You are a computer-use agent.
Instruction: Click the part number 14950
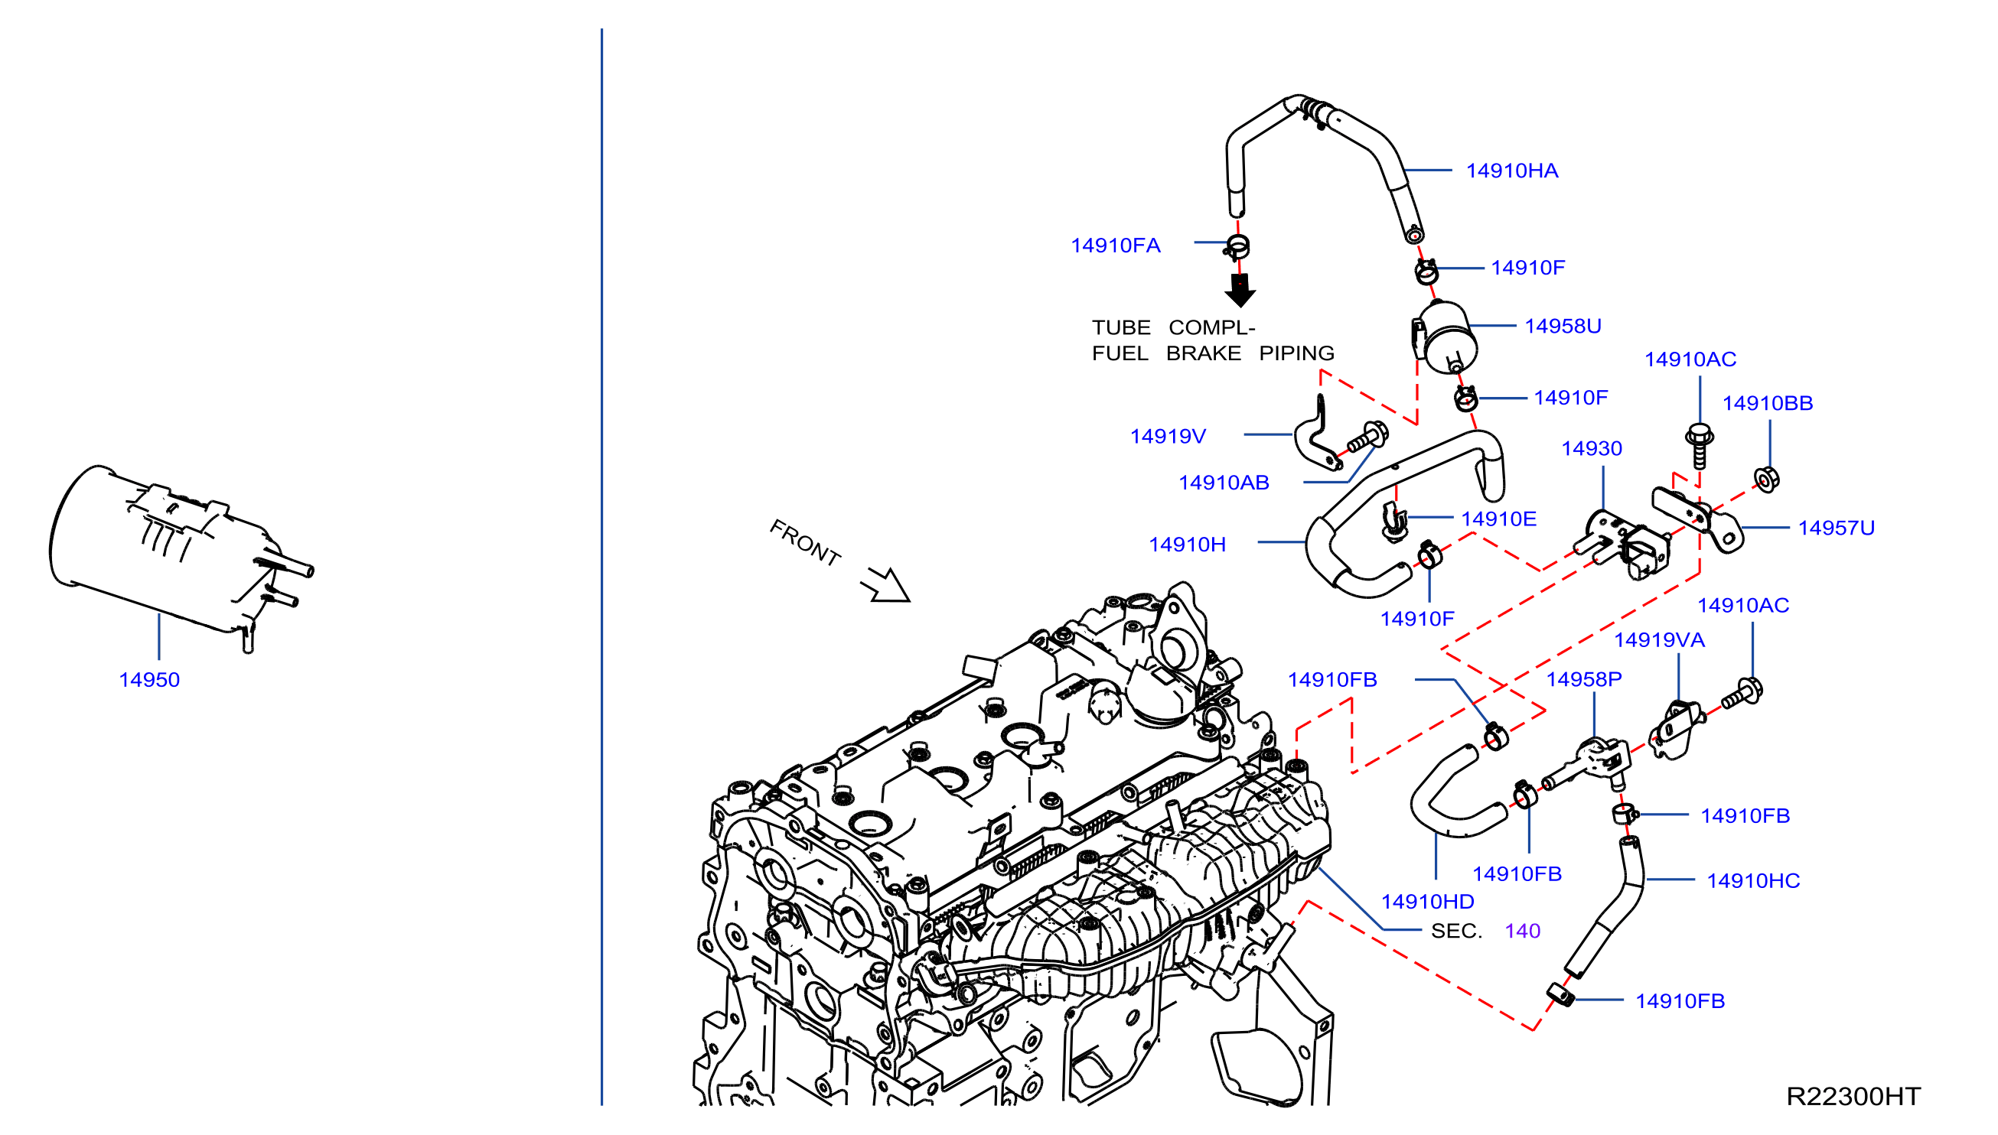149,680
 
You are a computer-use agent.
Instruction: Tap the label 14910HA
1511,171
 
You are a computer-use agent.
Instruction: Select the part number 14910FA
1115,246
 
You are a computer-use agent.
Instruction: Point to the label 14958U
1562,326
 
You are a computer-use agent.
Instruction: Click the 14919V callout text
1168,436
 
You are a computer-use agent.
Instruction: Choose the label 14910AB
1224,483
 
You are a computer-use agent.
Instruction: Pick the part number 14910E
1498,519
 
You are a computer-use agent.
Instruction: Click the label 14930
1591,448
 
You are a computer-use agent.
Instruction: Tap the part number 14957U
1836,528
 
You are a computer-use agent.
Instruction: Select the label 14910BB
1767,403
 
